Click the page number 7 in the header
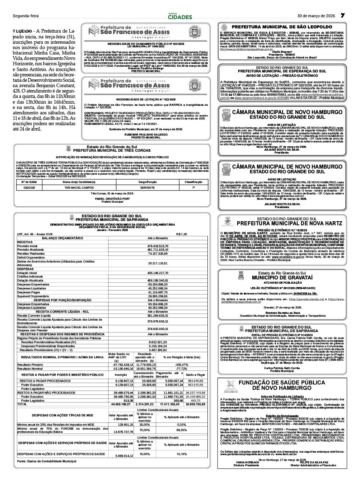[x=342, y=16]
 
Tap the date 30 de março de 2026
[x=316, y=16]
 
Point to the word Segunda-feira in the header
[x=25, y=16]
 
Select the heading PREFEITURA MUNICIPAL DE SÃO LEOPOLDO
[x=282, y=27]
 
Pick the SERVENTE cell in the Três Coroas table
[x=148, y=188]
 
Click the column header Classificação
[x=193, y=182]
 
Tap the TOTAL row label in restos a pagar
[x=22, y=404]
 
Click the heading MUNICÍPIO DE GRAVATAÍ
[x=282, y=278]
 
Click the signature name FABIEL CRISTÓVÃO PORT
[x=112, y=199]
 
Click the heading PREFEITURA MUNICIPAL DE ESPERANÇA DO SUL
[x=282, y=71]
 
